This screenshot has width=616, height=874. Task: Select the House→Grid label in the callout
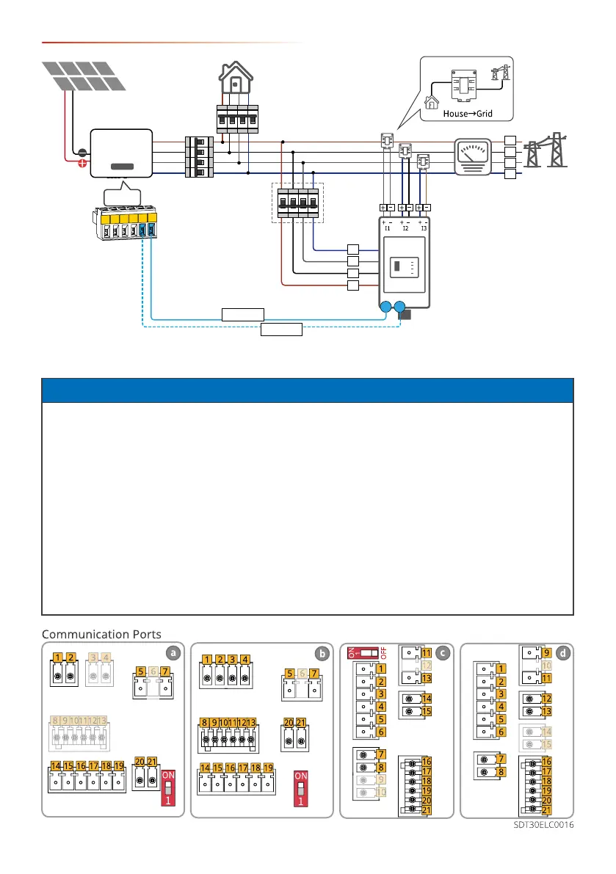click(468, 114)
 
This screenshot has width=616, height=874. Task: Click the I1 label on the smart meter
click(389, 228)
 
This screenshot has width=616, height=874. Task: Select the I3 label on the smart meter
click(424, 228)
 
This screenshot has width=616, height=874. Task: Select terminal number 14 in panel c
click(426, 699)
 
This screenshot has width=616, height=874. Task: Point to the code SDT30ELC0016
click(543, 825)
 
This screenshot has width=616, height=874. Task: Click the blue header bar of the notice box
click(308, 390)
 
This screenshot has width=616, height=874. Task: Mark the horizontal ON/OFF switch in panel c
click(367, 652)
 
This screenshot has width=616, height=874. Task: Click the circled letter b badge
click(320, 652)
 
